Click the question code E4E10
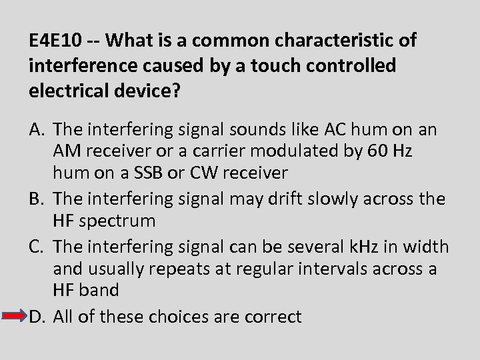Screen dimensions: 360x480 click(56, 41)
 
